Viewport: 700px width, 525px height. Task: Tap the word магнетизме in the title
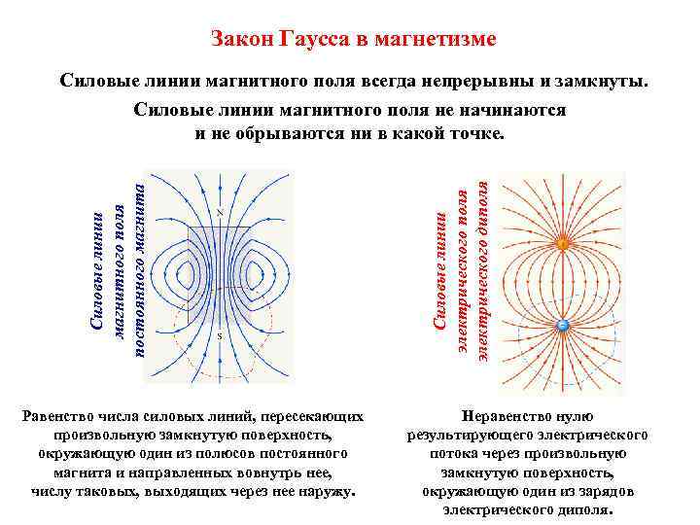pos(439,40)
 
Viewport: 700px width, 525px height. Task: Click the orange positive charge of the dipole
pos(562,244)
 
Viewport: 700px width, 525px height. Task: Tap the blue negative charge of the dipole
pos(562,327)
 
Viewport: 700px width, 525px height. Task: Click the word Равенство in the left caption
pos(62,416)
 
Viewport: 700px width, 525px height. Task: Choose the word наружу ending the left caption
pos(330,491)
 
